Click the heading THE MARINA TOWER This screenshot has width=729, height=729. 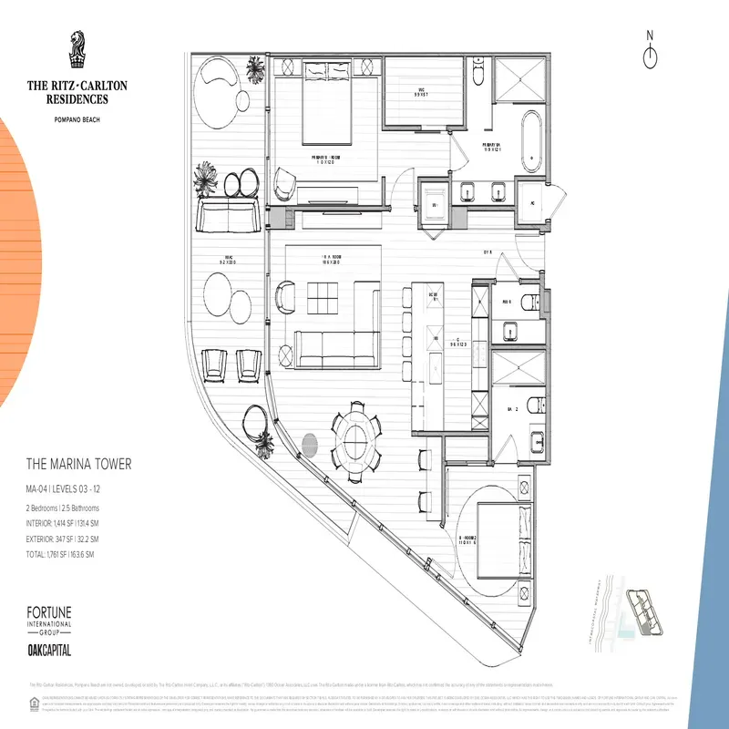(x=78, y=465)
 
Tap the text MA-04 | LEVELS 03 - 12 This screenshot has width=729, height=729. (x=76, y=491)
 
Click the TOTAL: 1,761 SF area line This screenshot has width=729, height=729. (x=72, y=555)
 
